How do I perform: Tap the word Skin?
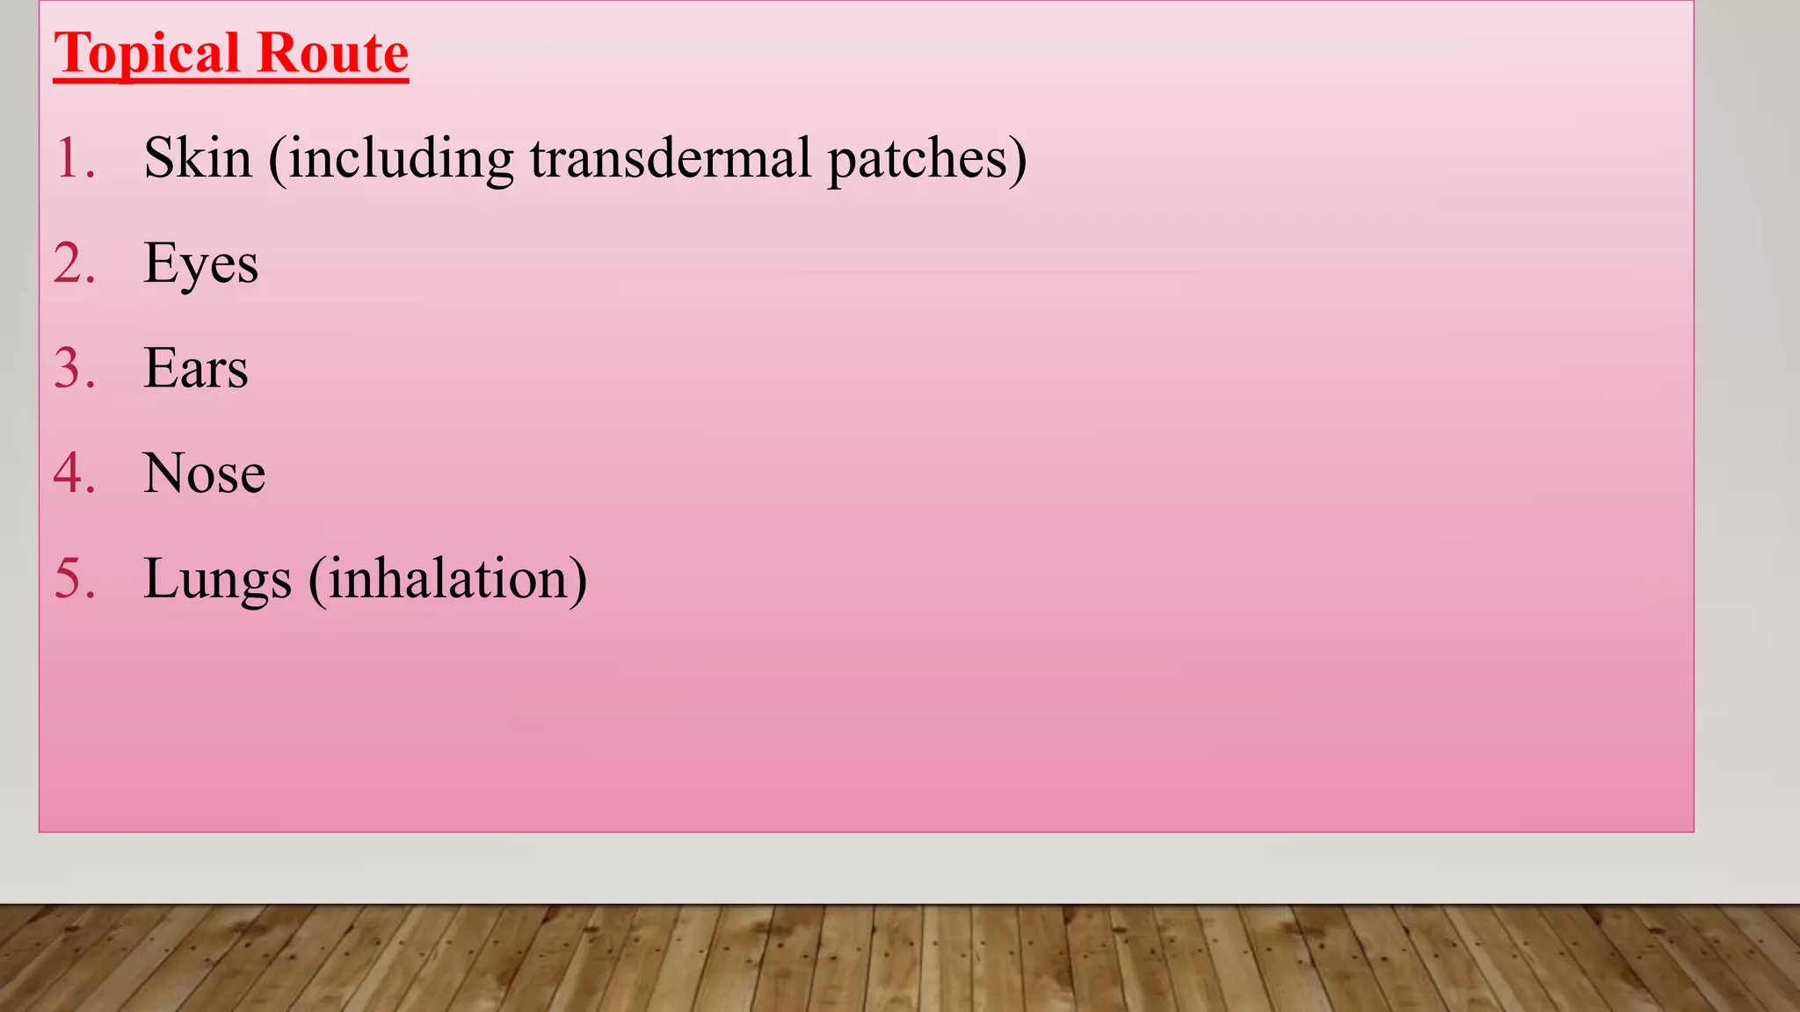point(198,158)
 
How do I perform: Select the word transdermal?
point(671,158)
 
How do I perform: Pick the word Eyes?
point(200,264)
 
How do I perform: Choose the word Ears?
point(195,368)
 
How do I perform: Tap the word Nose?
point(204,473)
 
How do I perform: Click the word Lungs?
point(217,580)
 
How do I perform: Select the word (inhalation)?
point(447,580)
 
